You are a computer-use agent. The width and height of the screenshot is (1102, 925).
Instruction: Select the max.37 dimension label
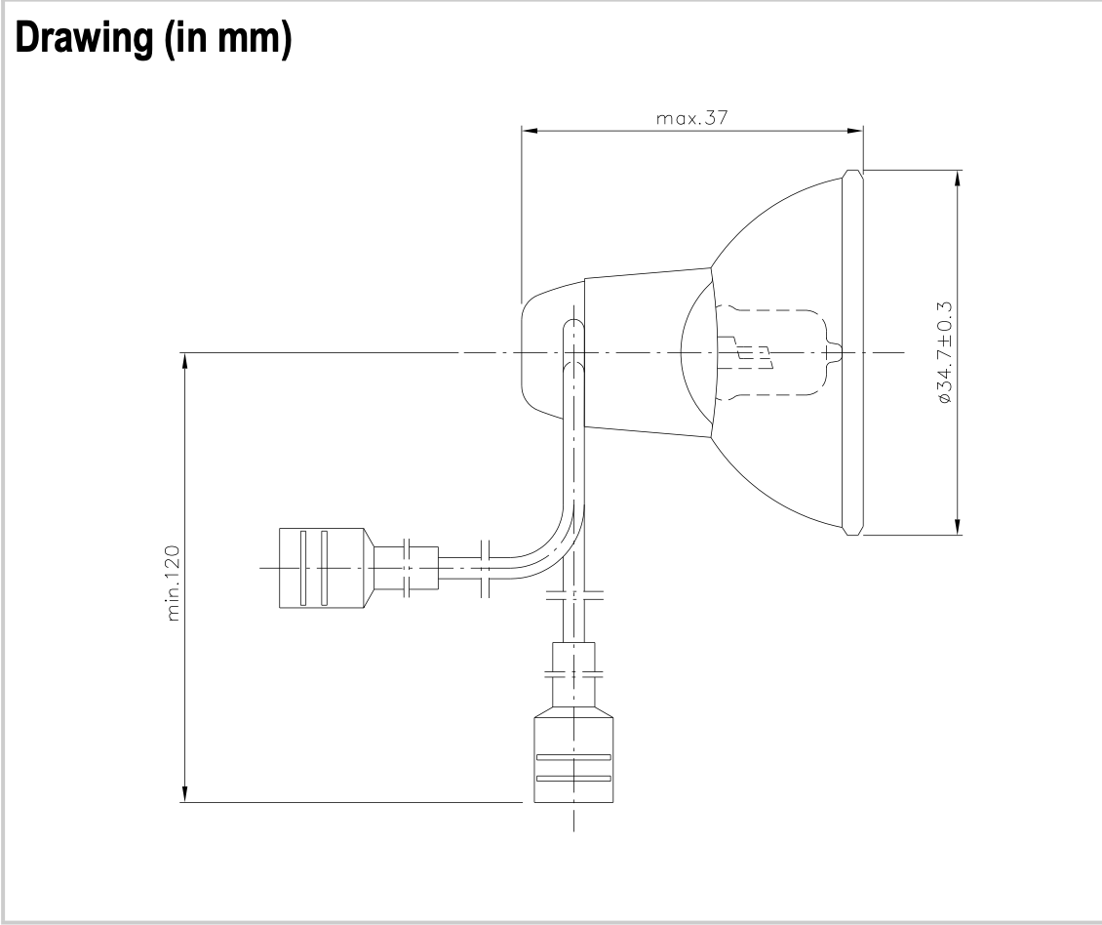[692, 117]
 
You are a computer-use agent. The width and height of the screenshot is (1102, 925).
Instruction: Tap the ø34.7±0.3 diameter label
[945, 352]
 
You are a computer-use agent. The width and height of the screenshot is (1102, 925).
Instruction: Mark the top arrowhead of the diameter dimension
[959, 178]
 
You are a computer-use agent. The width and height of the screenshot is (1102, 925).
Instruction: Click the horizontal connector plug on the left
[322, 568]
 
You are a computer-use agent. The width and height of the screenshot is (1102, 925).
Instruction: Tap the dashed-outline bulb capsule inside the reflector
[770, 351]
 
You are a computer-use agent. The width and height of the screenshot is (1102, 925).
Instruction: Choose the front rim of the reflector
[851, 352]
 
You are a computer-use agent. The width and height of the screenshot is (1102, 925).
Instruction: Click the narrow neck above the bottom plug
[573, 673]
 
